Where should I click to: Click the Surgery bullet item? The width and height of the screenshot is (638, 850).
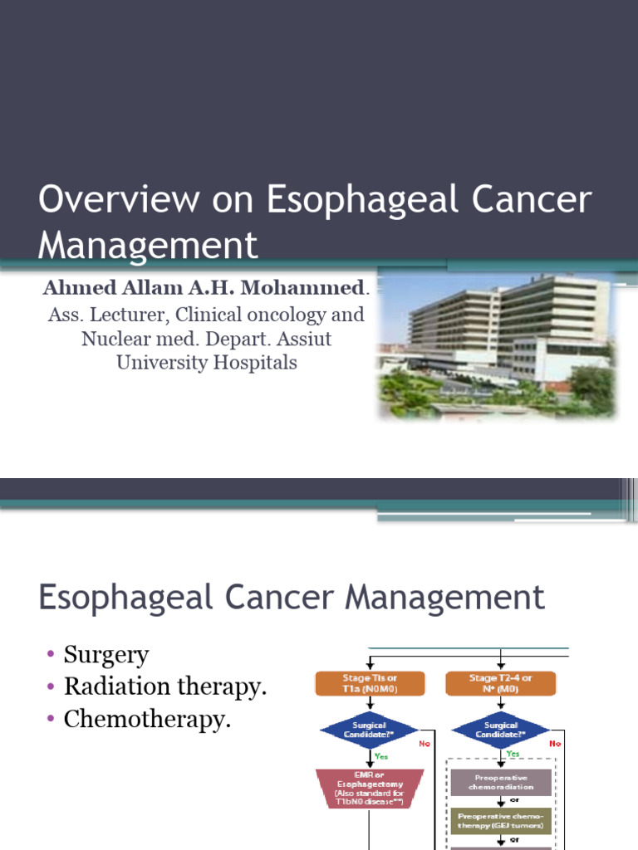[x=106, y=655]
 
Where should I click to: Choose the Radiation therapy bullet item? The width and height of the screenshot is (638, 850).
[x=166, y=687]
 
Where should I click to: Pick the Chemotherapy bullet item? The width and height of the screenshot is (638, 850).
[x=147, y=720]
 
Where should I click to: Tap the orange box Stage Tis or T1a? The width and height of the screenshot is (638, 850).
[x=370, y=683]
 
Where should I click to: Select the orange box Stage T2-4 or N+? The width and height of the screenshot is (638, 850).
[x=500, y=683]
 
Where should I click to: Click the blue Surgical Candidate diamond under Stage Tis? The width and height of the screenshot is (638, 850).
[x=370, y=730]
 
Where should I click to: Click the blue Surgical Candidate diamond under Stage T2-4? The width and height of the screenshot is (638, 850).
[x=500, y=730]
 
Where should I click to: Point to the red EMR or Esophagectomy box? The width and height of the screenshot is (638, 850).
[x=370, y=788]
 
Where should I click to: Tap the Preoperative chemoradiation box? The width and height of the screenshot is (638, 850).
[x=500, y=782]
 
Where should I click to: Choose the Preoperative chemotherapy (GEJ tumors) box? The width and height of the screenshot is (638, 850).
[x=500, y=821]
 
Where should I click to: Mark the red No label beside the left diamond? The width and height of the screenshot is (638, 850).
[x=425, y=744]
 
